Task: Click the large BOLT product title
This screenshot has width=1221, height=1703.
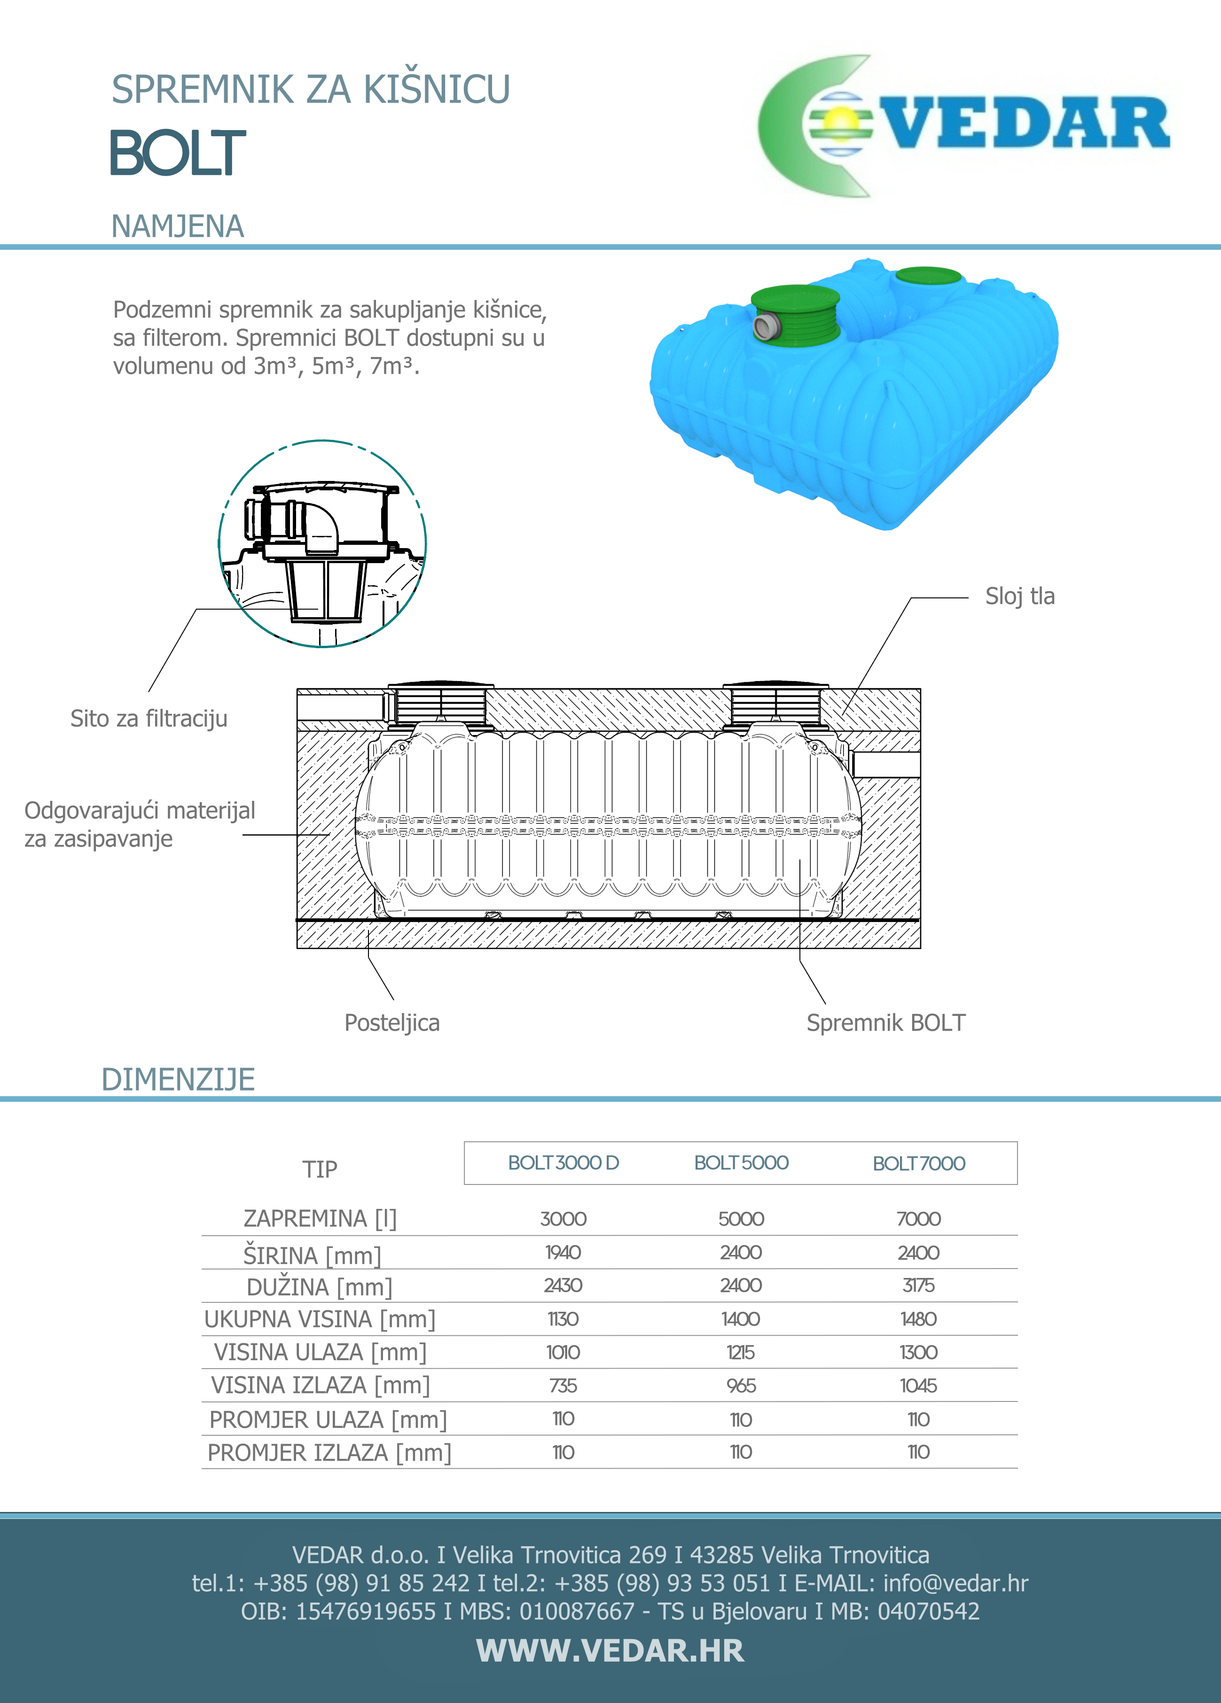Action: (x=178, y=153)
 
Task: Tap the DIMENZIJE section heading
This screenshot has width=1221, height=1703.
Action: (x=178, y=1079)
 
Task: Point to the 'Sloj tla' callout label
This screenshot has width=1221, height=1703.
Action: (x=1020, y=596)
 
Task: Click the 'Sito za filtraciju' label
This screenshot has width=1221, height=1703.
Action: (x=149, y=719)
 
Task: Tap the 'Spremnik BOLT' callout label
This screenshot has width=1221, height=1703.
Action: (x=886, y=1023)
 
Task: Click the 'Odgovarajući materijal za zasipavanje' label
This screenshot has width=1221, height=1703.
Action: (x=139, y=824)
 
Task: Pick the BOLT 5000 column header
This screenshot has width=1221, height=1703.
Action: (x=741, y=1163)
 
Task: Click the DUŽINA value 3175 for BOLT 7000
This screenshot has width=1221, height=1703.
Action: (x=918, y=1285)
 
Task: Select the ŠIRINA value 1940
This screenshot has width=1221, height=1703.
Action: (x=563, y=1253)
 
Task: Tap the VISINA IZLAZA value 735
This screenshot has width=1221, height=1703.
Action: (x=563, y=1386)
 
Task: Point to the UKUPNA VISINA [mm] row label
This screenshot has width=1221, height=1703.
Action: (x=319, y=1319)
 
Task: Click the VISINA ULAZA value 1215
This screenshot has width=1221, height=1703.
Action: (x=741, y=1352)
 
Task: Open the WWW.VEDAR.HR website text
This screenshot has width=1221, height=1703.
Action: (x=610, y=1650)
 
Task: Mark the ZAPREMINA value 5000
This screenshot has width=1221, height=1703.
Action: (x=741, y=1219)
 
